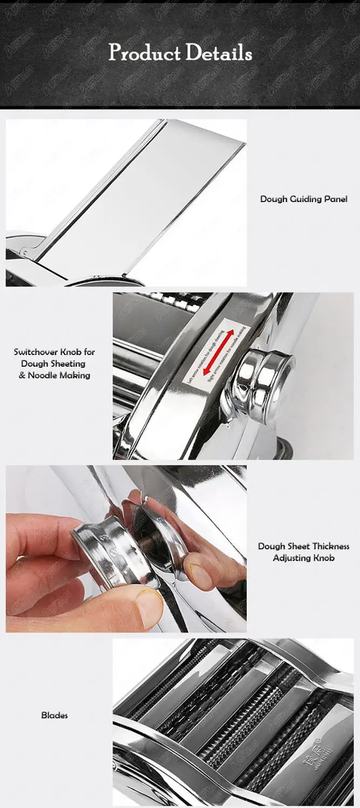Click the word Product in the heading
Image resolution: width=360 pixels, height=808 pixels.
click(144, 53)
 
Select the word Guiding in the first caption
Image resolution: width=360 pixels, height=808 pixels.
click(306, 199)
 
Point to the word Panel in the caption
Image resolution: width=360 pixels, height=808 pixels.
click(336, 199)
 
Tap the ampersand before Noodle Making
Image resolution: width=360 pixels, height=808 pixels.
click(22, 375)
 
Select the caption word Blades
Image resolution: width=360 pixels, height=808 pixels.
click(54, 715)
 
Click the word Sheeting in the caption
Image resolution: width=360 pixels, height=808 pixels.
click(68, 364)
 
